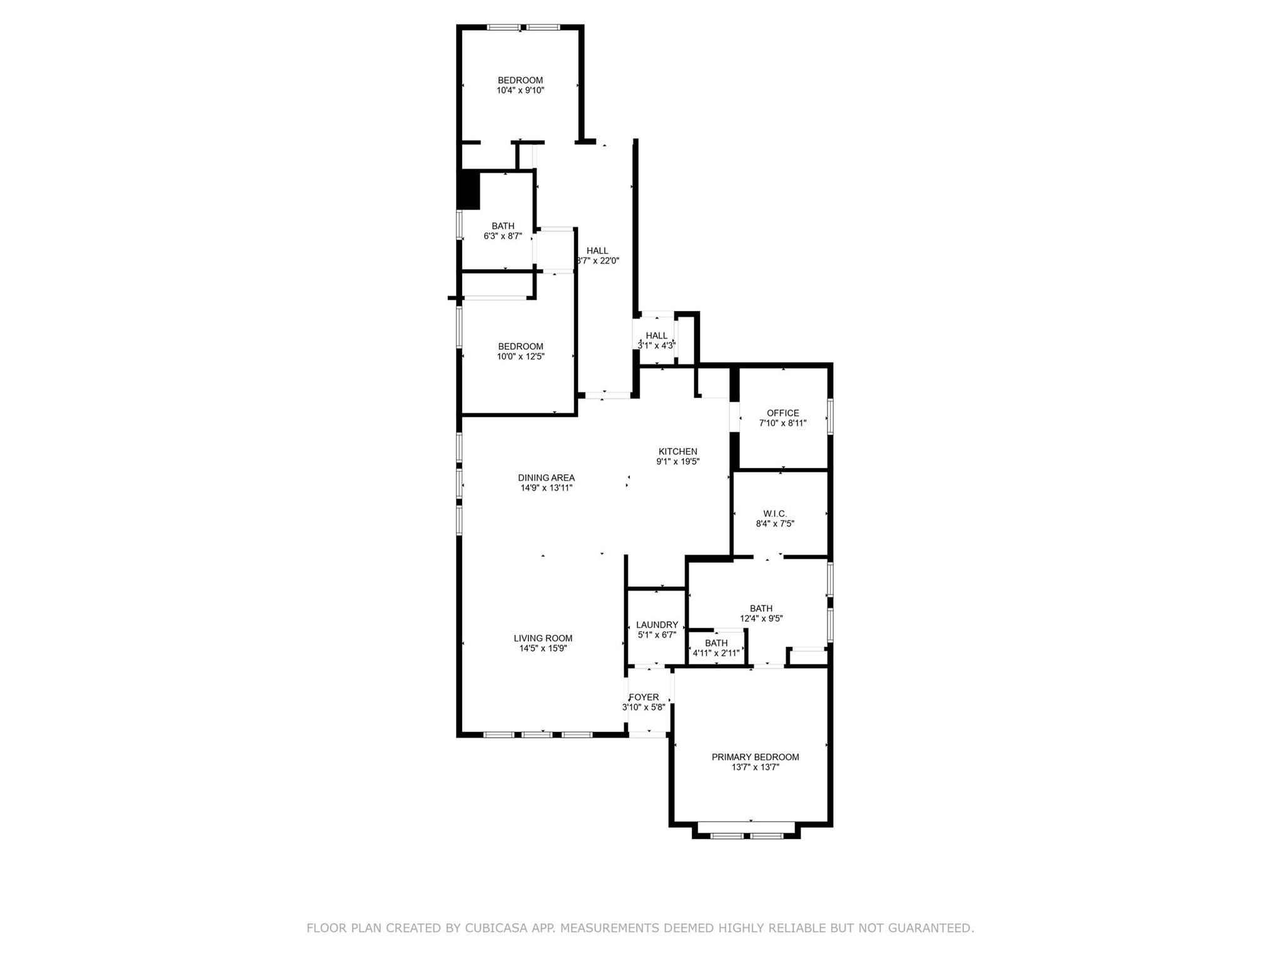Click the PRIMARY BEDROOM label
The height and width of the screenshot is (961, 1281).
(x=755, y=757)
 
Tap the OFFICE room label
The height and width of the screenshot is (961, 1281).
(x=782, y=413)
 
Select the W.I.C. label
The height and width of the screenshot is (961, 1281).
(x=775, y=514)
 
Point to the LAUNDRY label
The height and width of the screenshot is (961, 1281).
(x=657, y=624)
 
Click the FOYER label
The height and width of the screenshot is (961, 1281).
(x=644, y=697)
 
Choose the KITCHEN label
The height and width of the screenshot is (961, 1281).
(x=677, y=451)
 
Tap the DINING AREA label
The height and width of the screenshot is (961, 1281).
(x=546, y=477)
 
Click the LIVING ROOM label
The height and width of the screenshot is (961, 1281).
(x=543, y=638)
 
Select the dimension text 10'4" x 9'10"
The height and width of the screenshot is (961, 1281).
(x=520, y=90)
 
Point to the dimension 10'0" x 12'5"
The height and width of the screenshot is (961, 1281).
(x=520, y=357)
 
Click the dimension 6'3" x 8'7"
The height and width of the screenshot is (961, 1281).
(x=502, y=236)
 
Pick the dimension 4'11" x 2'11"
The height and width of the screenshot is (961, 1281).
(x=716, y=653)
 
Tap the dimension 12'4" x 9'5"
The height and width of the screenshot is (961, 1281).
(x=761, y=618)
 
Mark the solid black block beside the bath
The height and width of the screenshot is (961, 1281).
(x=468, y=190)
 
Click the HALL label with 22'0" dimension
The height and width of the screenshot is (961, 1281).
(x=597, y=251)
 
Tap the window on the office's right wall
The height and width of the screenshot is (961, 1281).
(x=831, y=417)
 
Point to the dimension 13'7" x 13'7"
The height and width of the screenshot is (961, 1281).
(x=755, y=767)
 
